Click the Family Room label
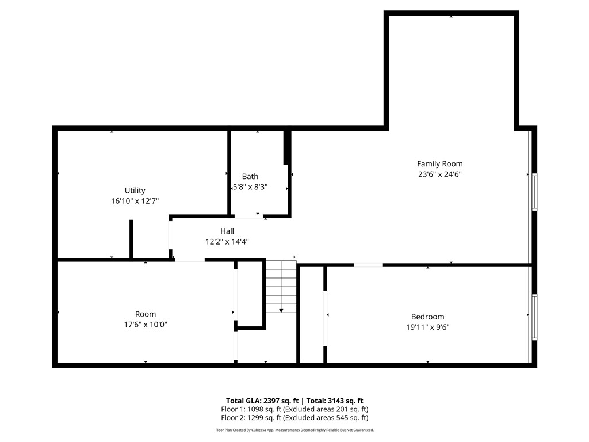click(439, 164)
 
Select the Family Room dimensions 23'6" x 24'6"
click(439, 174)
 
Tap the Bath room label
click(250, 177)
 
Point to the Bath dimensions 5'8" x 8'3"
click(250, 187)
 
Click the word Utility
click(135, 190)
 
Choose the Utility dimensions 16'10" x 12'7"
click(135, 201)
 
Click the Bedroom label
click(427, 317)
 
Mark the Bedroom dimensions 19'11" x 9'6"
click(427, 327)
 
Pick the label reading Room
click(146, 314)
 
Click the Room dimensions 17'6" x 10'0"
click(146, 325)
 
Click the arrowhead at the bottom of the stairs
click(281, 311)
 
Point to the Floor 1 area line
click(294, 409)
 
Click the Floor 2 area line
click(294, 418)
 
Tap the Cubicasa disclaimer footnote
click(294, 430)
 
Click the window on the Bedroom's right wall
click(534, 317)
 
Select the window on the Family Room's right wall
click(534, 192)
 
